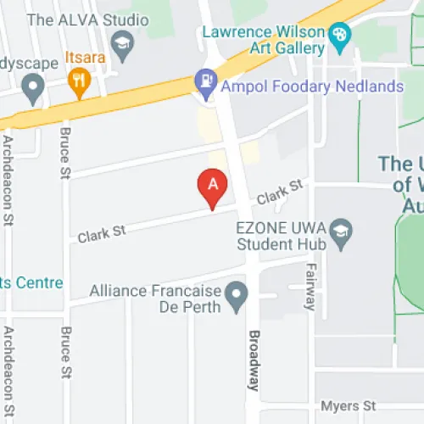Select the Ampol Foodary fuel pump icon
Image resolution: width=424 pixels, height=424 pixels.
[x=204, y=83]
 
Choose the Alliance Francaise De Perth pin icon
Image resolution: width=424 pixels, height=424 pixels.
[x=236, y=295]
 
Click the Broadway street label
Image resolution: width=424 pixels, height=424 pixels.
[x=252, y=359]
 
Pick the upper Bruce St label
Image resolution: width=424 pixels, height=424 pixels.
[x=64, y=153]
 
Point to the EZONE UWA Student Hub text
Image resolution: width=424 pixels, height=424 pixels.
[x=281, y=237]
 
